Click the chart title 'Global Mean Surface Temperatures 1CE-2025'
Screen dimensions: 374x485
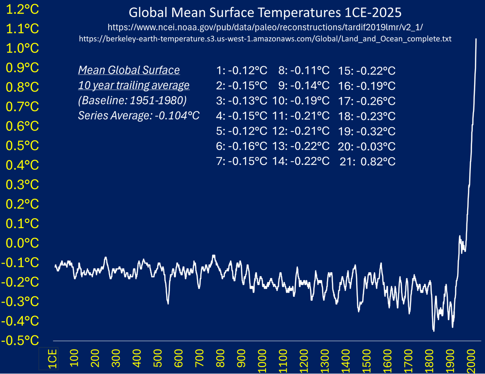pyautogui.click(x=265, y=13)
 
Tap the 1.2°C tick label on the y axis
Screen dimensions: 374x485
pyautogui.click(x=22, y=9)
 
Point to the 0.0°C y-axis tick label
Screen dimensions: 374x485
pyautogui.click(x=22, y=243)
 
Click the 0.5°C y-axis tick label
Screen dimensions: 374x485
pyautogui.click(x=22, y=146)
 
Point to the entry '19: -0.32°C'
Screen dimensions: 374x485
pyautogui.click(x=367, y=131)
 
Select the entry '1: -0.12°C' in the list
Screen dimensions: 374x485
pyautogui.click(x=242, y=71)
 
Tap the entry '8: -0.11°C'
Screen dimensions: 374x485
pyautogui.click(x=304, y=71)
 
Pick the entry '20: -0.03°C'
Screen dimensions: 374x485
pyautogui.click(x=367, y=146)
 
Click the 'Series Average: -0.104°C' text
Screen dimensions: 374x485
pyautogui.click(x=139, y=116)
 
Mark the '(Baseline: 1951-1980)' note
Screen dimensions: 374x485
pyautogui.click(x=132, y=101)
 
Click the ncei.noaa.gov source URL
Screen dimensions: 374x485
pyautogui.click(x=265, y=27)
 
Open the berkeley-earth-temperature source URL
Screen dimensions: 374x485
pyautogui.click(x=265, y=39)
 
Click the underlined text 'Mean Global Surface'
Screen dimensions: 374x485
pyautogui.click(x=129, y=70)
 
